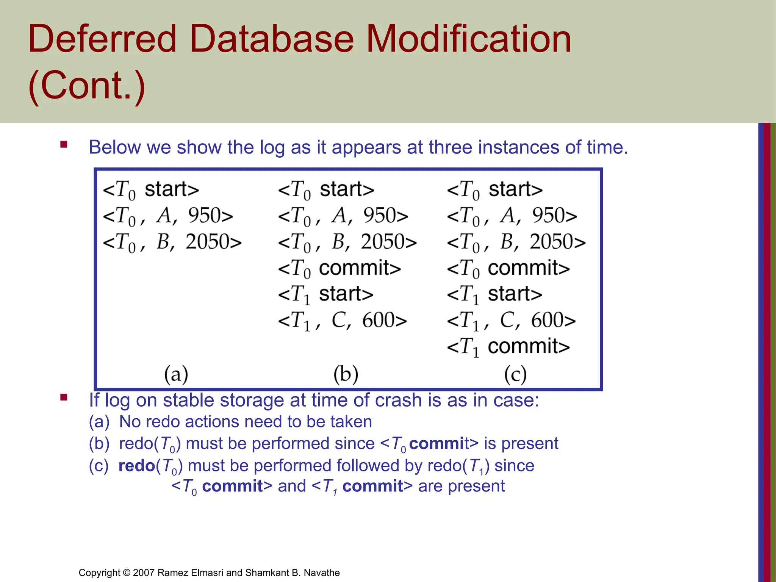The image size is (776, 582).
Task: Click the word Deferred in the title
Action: (x=102, y=39)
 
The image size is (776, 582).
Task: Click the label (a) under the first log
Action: (x=176, y=374)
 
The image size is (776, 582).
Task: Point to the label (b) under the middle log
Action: (x=346, y=374)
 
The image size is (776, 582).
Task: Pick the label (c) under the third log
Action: (x=515, y=374)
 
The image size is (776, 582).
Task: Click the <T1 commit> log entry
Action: (x=508, y=347)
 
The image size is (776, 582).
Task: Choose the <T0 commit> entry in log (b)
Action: (x=339, y=268)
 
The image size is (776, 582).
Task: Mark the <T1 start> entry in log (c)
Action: (x=494, y=294)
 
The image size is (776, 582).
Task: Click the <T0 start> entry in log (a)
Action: (x=151, y=189)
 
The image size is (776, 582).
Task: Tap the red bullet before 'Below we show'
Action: (x=64, y=144)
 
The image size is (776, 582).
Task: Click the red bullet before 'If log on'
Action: (x=64, y=397)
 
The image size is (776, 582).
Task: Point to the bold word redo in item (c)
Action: (x=136, y=466)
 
